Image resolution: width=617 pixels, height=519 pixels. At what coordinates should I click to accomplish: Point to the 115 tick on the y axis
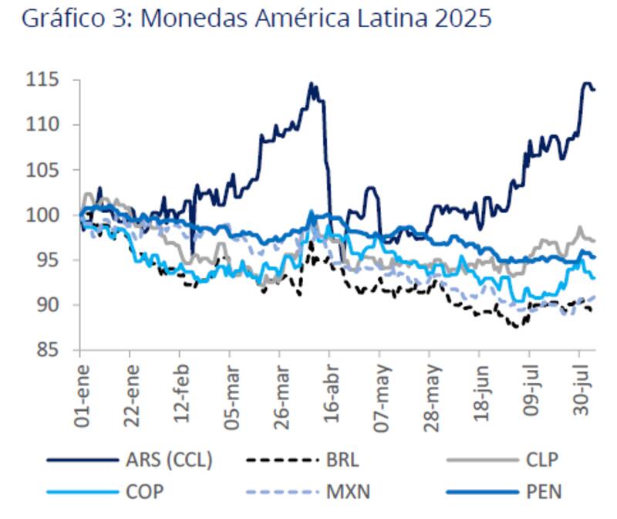point(48,80)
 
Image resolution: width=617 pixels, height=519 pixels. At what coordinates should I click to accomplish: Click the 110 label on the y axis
point(48,125)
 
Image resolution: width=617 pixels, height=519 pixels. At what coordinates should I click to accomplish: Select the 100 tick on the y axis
point(48,215)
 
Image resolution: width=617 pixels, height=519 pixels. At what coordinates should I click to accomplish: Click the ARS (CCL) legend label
point(169,461)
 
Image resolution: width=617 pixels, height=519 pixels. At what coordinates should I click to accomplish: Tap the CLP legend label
point(541,461)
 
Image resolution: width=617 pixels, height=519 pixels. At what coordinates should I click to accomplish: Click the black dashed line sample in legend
point(283,461)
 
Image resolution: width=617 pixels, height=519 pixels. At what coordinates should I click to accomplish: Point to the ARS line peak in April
point(312,83)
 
